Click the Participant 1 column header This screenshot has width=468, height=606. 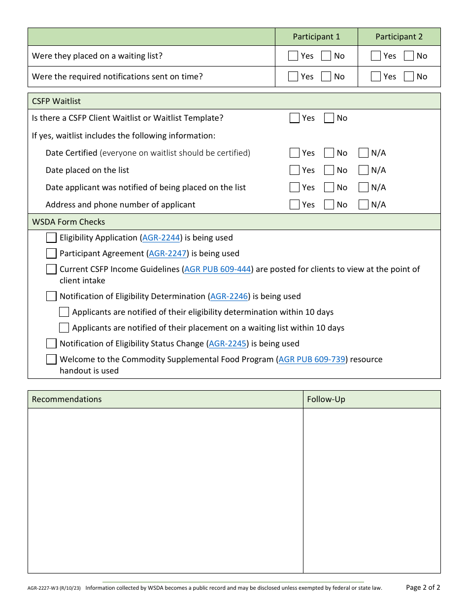click(316, 36)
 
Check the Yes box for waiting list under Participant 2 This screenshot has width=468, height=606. click(376, 56)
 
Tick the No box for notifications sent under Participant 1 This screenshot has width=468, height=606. click(326, 76)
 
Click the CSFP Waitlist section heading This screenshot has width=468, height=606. click(56, 101)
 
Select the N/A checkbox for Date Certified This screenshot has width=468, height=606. click(364, 153)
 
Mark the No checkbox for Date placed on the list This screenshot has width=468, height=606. click(329, 170)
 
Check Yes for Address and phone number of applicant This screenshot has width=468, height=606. click(295, 204)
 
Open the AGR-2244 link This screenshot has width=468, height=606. click(161, 237)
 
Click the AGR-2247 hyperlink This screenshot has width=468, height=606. click(167, 253)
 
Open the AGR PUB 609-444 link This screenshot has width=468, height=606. click(218, 269)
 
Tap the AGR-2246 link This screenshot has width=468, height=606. click(229, 296)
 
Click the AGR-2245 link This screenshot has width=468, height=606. click(228, 343)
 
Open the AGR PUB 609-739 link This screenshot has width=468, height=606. click(312, 359)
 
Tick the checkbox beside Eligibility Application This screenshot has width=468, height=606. click(51, 237)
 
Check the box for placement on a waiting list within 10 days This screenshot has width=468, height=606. click(64, 328)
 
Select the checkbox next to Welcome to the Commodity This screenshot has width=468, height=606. click(51, 359)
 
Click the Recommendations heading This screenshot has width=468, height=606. click(67, 399)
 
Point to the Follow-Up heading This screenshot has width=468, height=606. click(326, 399)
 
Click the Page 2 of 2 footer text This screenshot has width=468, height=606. click(423, 587)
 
